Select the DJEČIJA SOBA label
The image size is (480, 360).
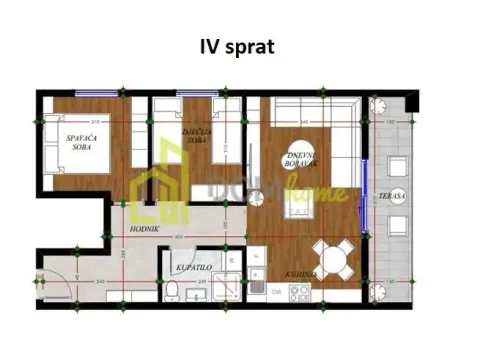pyautogui.click(x=194, y=135)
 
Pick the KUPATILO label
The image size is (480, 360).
pyautogui.click(x=192, y=268)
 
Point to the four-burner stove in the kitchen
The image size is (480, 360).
pyautogui.click(x=298, y=292)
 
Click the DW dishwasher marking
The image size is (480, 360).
pyautogui.click(x=275, y=291)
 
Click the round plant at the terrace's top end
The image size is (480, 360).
pyautogui.click(x=380, y=104)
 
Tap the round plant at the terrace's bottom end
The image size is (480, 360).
pyautogui.click(x=380, y=292)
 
